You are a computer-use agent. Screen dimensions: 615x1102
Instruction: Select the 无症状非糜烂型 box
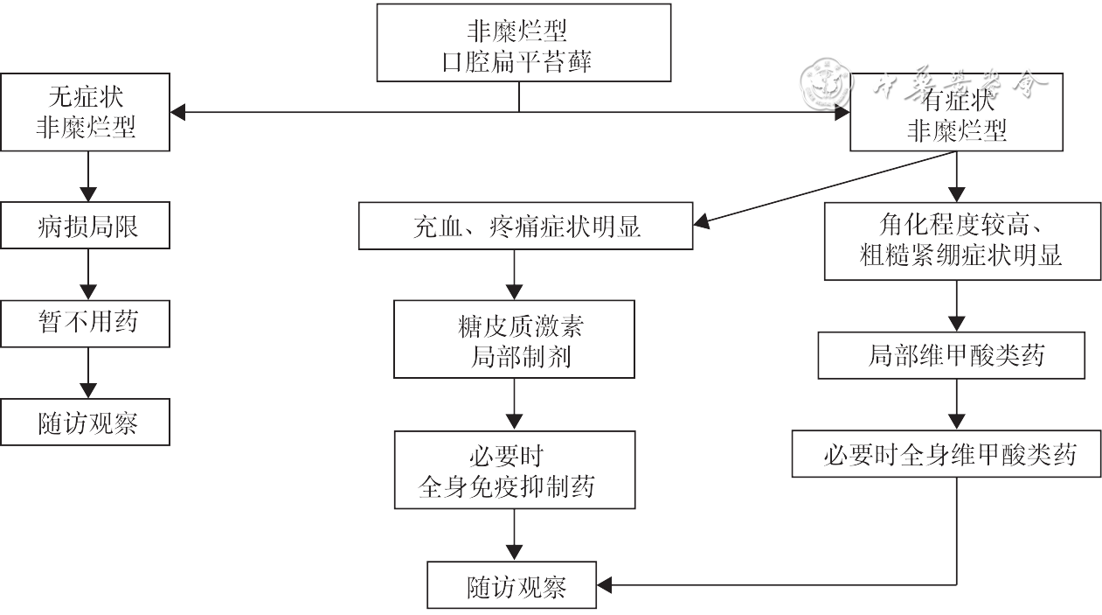coord(86,112)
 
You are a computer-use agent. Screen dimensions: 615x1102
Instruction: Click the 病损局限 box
coord(86,226)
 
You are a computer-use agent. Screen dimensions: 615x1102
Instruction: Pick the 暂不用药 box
coord(86,323)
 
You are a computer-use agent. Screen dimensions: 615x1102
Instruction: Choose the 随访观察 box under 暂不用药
coord(86,423)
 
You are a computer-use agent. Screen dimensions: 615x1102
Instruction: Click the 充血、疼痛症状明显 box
coord(526,226)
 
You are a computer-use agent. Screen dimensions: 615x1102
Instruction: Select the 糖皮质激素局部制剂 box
coord(514,339)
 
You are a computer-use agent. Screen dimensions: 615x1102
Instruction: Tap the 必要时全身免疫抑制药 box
coord(514,469)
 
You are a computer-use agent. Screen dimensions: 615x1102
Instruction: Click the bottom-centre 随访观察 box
coord(512,585)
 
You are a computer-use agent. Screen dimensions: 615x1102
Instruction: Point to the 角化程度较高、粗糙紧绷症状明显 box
coord(962,241)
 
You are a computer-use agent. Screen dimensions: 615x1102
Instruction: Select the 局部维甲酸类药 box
coord(952,355)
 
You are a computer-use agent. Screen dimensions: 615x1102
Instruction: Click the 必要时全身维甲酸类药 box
coord(946,453)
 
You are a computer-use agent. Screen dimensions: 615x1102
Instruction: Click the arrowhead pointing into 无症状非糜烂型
coord(178,112)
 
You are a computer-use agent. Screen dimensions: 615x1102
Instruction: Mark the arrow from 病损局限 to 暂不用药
coord(87,276)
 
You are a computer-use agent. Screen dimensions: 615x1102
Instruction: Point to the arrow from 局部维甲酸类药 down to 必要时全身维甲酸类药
coord(958,404)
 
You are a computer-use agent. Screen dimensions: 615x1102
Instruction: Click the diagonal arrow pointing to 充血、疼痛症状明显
coord(821,187)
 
